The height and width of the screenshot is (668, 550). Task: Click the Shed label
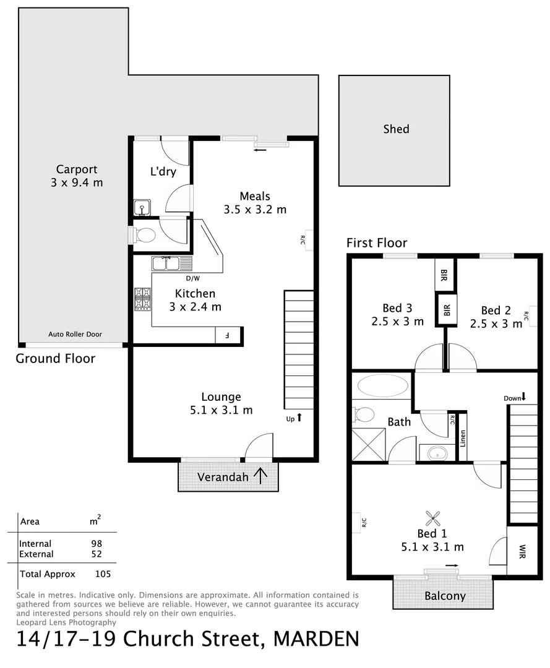[396, 129]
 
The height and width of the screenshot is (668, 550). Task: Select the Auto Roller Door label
[75, 334]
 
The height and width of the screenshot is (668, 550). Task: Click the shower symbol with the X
[367, 444]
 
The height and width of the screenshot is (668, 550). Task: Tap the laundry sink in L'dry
[142, 208]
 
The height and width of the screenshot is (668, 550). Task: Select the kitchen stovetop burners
[142, 299]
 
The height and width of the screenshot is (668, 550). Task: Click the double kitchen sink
[166, 264]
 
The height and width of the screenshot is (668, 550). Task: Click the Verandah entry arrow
[260, 476]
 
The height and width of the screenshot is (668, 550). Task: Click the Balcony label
[445, 596]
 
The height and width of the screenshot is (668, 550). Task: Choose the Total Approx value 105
[103, 573]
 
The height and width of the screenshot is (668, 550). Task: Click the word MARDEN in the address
[316, 639]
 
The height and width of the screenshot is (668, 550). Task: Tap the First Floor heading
[377, 242]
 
